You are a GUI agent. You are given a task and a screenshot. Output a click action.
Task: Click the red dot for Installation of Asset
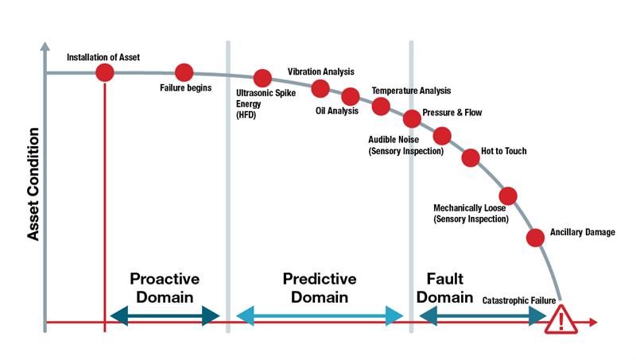click(104, 73)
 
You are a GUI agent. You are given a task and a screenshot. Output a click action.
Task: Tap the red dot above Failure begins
click(184, 73)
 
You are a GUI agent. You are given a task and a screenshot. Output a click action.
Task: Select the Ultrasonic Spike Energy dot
click(262, 79)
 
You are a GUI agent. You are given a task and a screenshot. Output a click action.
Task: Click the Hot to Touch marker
click(470, 157)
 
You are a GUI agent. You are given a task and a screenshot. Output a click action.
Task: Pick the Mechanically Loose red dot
click(507, 195)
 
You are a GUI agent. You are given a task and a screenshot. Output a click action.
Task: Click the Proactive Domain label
click(165, 288)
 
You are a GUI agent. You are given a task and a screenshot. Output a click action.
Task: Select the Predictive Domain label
click(320, 288)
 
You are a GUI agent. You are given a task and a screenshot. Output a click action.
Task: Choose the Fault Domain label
click(445, 288)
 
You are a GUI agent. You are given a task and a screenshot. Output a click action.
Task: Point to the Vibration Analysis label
click(321, 72)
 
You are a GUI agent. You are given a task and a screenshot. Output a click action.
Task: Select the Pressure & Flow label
click(452, 113)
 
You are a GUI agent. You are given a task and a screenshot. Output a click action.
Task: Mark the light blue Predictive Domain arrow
click(320, 316)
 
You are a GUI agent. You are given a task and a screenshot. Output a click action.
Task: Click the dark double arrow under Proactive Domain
click(165, 316)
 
